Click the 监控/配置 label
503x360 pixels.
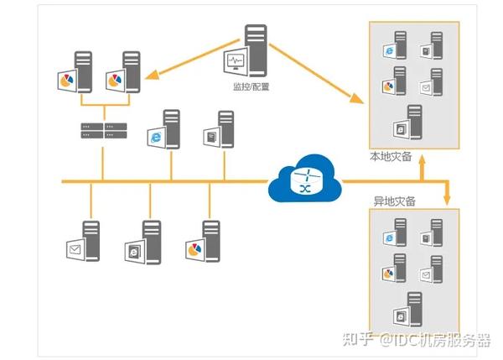(x=251, y=86)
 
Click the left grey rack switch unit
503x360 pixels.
(x=91, y=131)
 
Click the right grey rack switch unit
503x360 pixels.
(x=115, y=131)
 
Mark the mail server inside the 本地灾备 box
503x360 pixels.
(x=430, y=82)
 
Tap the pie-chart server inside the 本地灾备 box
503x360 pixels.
(x=393, y=81)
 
